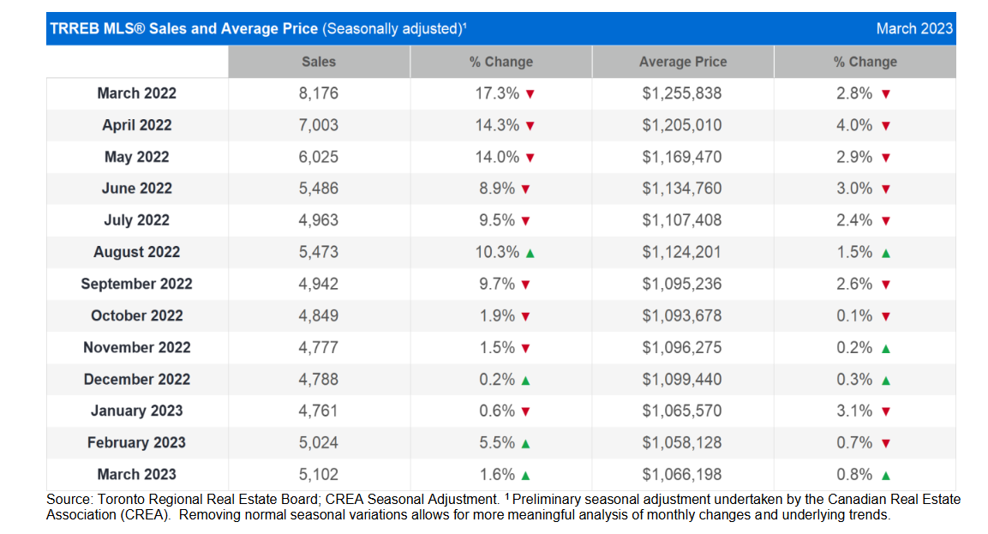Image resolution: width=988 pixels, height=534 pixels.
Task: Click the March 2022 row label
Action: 137,93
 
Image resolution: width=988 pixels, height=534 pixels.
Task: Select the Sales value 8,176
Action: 318,93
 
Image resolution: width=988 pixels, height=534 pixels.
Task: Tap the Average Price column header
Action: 683,62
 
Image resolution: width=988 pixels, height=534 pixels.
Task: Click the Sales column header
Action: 319,62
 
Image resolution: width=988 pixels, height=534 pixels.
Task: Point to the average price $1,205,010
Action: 682,125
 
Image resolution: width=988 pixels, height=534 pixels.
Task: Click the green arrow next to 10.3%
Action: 530,254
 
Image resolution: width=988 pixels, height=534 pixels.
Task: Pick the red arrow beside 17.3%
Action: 530,94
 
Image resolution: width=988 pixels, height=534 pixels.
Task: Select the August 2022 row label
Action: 137,252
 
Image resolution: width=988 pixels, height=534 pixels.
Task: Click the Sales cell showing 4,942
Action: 318,284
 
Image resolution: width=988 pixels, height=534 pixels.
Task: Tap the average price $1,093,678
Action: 682,315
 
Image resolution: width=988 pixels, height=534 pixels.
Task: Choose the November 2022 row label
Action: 137,347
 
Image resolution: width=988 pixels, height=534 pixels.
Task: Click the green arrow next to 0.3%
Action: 886,381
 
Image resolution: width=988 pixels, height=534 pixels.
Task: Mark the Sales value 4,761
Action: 318,411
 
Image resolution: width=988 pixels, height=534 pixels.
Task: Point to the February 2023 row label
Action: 137,442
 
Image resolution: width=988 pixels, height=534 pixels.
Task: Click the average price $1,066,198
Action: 682,474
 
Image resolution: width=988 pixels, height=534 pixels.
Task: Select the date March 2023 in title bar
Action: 914,28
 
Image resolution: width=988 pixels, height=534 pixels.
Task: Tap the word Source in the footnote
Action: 69,500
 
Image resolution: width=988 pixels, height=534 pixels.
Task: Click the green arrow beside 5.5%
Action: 525,444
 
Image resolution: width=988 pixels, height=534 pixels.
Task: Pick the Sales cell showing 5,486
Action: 318,189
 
